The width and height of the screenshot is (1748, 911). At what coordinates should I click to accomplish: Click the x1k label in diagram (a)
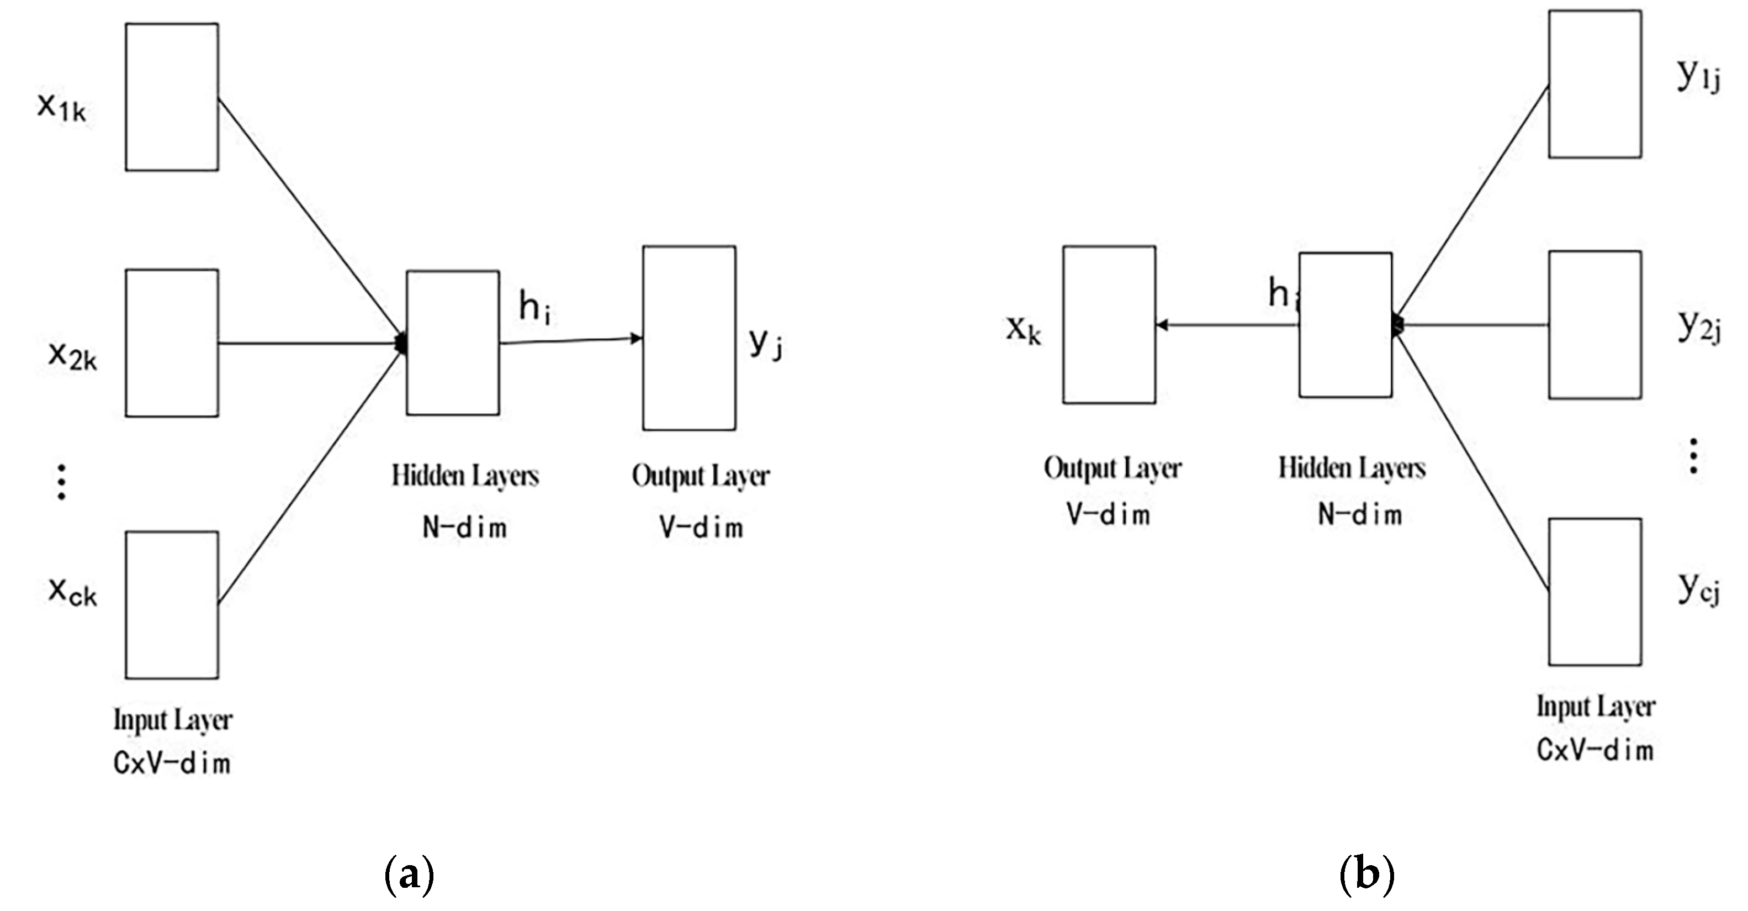pos(62,107)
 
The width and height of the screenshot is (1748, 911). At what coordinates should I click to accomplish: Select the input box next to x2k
pos(172,343)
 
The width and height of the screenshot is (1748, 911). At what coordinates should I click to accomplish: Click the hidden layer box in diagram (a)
pos(453,343)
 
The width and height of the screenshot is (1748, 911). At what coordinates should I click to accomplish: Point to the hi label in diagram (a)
pos(534,307)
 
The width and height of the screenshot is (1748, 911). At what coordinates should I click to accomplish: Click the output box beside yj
pos(688,338)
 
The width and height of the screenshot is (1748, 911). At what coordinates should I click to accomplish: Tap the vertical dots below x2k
pos(62,482)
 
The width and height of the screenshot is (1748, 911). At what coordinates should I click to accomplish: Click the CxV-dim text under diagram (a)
pos(172,763)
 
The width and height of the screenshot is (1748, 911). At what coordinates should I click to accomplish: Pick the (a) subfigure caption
pos(409,876)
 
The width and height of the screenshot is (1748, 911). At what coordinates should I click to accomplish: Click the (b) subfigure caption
pos(1366,876)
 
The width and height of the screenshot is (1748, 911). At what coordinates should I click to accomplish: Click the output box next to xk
pos(1109,324)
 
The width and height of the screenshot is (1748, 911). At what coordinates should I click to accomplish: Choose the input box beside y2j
pos(1595,324)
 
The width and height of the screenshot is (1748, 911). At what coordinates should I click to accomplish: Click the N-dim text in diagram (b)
pos(1360,514)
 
